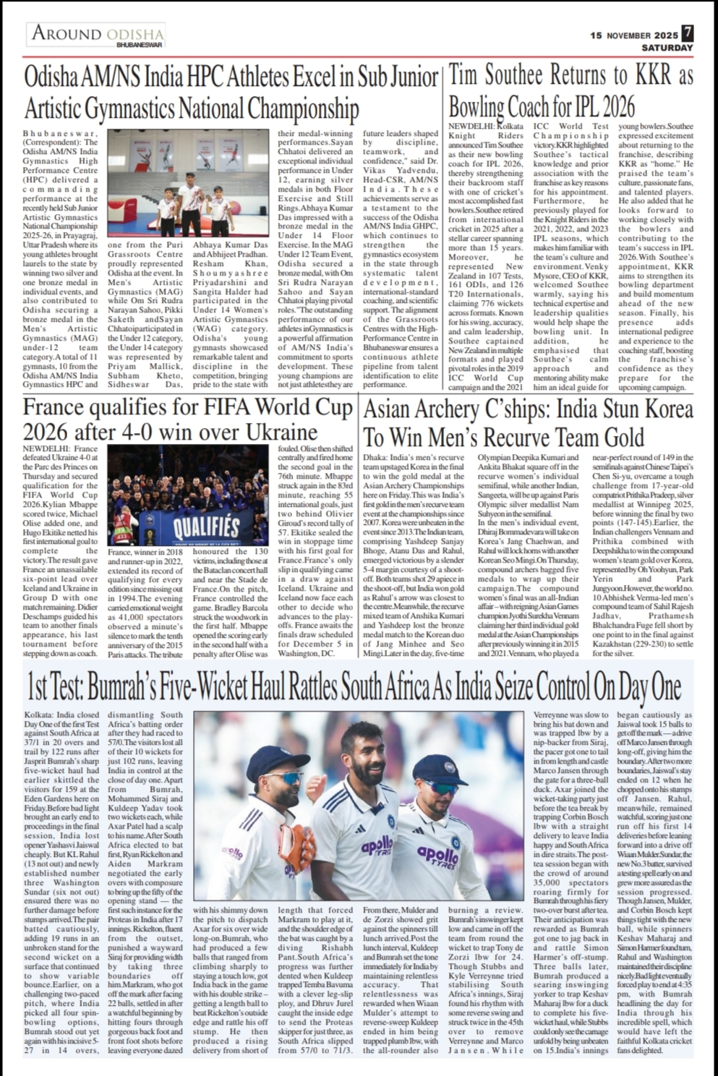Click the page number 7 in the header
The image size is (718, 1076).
[687, 33]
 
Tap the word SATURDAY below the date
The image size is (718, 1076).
[667, 48]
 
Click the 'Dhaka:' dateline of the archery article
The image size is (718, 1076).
[375, 458]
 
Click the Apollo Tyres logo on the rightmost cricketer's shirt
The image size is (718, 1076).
[437, 856]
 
